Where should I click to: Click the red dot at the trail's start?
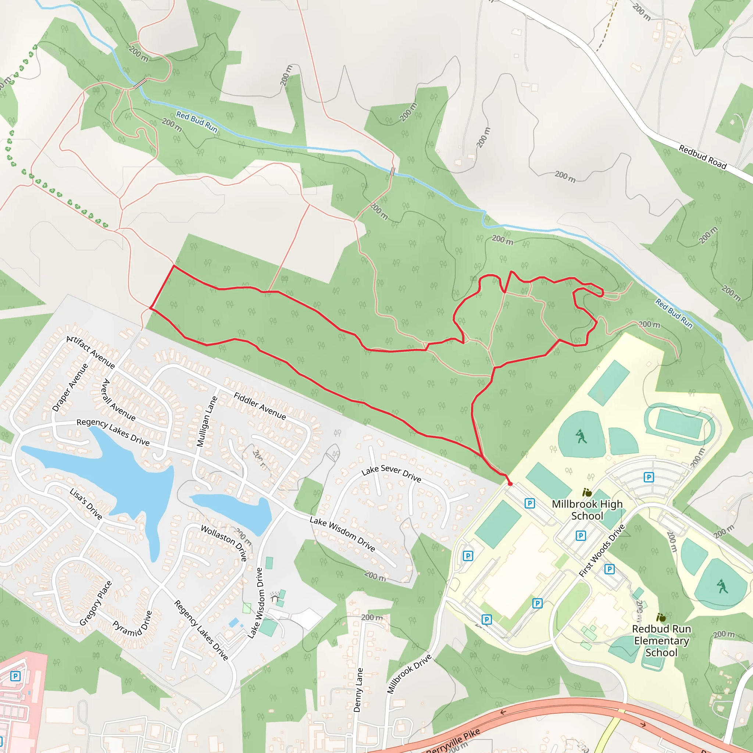pos(510,484)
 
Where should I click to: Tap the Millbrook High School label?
pos(587,510)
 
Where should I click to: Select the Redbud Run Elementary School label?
pos(661,641)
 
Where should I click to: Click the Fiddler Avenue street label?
pos(260,406)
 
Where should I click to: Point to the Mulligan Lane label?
pos(207,422)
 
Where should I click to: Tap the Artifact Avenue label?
pos(91,352)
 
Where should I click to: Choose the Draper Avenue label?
pos(70,388)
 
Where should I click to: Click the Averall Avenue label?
pos(118,400)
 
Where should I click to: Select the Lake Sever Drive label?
pos(391,473)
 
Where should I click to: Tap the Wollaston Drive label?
pos(224,543)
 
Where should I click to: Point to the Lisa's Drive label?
pos(86,504)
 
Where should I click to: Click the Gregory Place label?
pos(96,603)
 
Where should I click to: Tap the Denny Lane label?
pos(358,690)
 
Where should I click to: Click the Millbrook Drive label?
pos(409,674)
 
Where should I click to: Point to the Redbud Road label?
pos(703,157)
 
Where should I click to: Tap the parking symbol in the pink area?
pos(15,676)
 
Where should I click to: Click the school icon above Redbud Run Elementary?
pos(661,618)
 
